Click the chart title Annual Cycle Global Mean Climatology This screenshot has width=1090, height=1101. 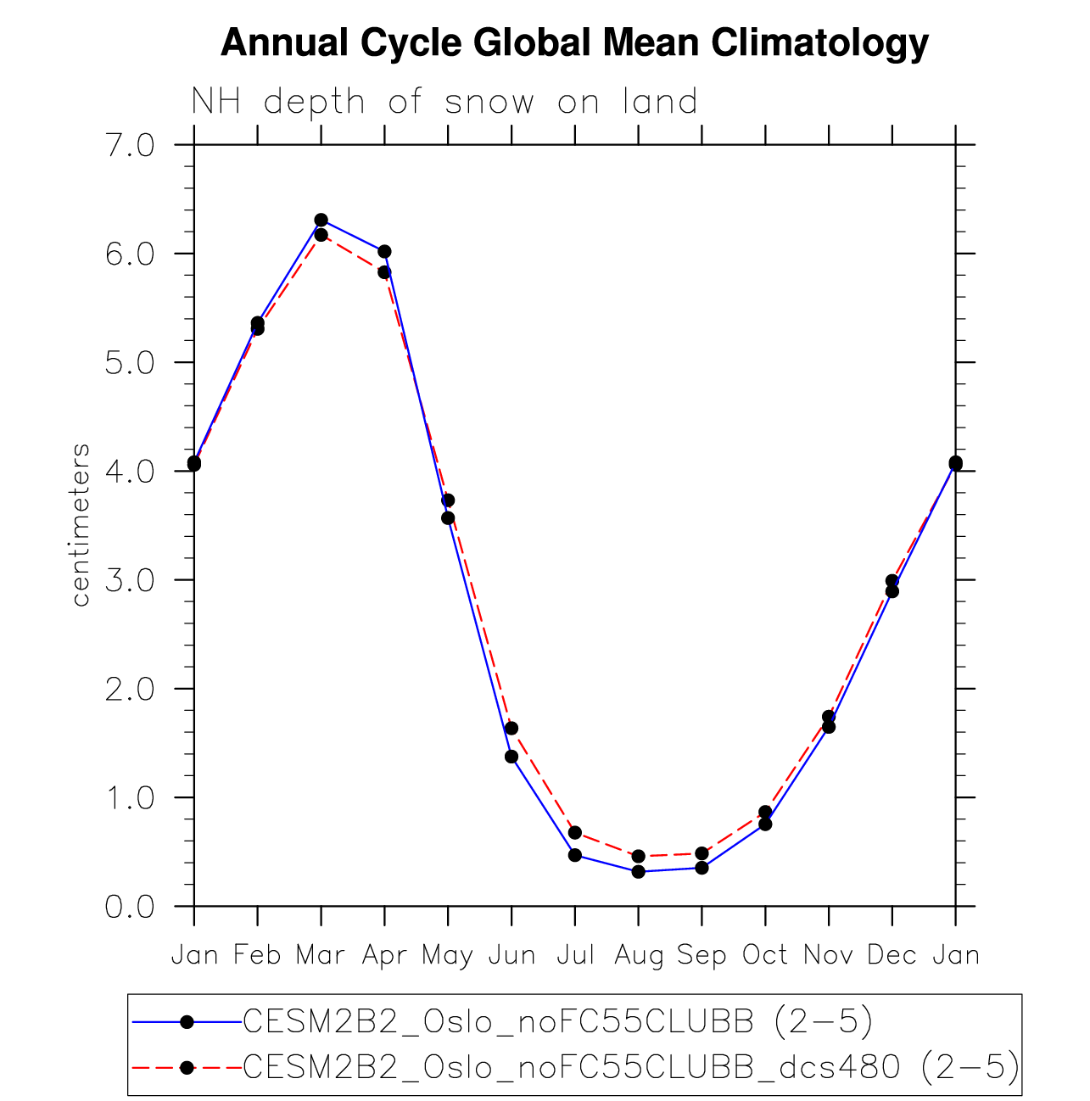pyautogui.click(x=574, y=42)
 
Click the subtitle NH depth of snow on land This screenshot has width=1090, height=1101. pyautogui.click(x=444, y=102)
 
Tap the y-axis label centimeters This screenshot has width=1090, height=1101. pyautogui.click(x=81, y=525)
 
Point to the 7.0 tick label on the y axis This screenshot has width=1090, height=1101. pyautogui.click(x=130, y=146)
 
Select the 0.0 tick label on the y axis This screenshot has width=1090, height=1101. pyautogui.click(x=130, y=907)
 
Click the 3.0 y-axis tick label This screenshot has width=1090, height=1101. pyautogui.click(x=130, y=581)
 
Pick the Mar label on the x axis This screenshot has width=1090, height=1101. pyautogui.click(x=321, y=956)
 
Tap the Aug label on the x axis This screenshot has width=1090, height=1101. pyautogui.click(x=638, y=956)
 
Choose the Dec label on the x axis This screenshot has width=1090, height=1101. pyautogui.click(x=892, y=956)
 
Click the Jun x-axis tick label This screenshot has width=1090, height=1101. pyautogui.click(x=511, y=956)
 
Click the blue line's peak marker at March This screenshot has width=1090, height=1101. pyautogui.click(x=321, y=221)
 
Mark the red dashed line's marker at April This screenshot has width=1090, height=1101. pyautogui.click(x=384, y=272)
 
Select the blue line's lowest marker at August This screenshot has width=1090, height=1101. pyautogui.click(x=638, y=871)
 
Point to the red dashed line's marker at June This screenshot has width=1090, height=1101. pyautogui.click(x=511, y=729)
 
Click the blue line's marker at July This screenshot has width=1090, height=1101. pyautogui.click(x=575, y=855)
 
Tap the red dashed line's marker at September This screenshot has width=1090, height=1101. pyautogui.click(x=702, y=853)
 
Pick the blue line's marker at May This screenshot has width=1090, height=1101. pyautogui.click(x=448, y=518)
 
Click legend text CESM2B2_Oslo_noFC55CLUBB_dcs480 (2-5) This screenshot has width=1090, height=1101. pyautogui.click(x=631, y=1067)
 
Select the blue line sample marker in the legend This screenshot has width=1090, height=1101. pyautogui.click(x=187, y=1022)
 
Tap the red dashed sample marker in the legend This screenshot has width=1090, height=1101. pyautogui.click(x=187, y=1067)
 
